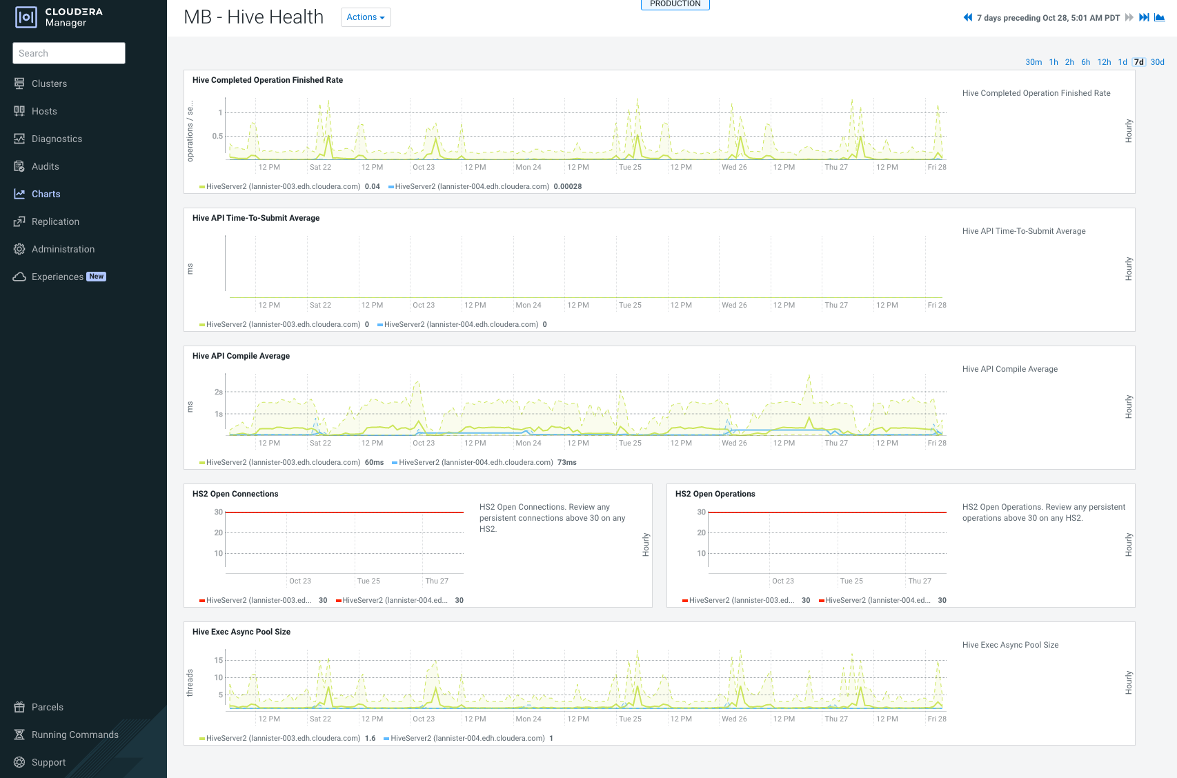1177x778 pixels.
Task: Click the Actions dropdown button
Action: tap(366, 17)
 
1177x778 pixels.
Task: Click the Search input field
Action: tap(69, 53)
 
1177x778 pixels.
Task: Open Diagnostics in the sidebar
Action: tap(57, 139)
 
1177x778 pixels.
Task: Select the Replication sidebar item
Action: tap(55, 221)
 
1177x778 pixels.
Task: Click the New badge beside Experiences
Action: tap(97, 277)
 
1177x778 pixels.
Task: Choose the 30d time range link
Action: tap(1157, 62)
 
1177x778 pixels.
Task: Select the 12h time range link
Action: tap(1104, 62)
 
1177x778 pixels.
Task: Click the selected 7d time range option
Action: tap(1138, 62)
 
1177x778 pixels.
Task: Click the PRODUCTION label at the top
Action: tap(675, 4)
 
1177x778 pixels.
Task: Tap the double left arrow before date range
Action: tap(967, 18)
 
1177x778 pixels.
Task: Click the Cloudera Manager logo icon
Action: tap(26, 17)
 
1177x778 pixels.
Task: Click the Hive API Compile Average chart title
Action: tap(241, 356)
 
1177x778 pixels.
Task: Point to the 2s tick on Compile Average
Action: tap(219, 392)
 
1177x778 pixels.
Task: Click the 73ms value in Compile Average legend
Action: tap(566, 462)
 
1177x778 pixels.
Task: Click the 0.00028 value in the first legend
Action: tap(567, 186)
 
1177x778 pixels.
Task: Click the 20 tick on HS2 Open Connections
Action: tap(218, 532)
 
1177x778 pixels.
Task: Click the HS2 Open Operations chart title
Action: tap(715, 494)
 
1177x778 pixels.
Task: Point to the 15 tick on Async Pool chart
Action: tap(219, 660)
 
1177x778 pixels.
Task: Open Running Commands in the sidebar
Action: tap(75, 735)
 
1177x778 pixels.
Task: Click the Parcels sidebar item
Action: tap(47, 707)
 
